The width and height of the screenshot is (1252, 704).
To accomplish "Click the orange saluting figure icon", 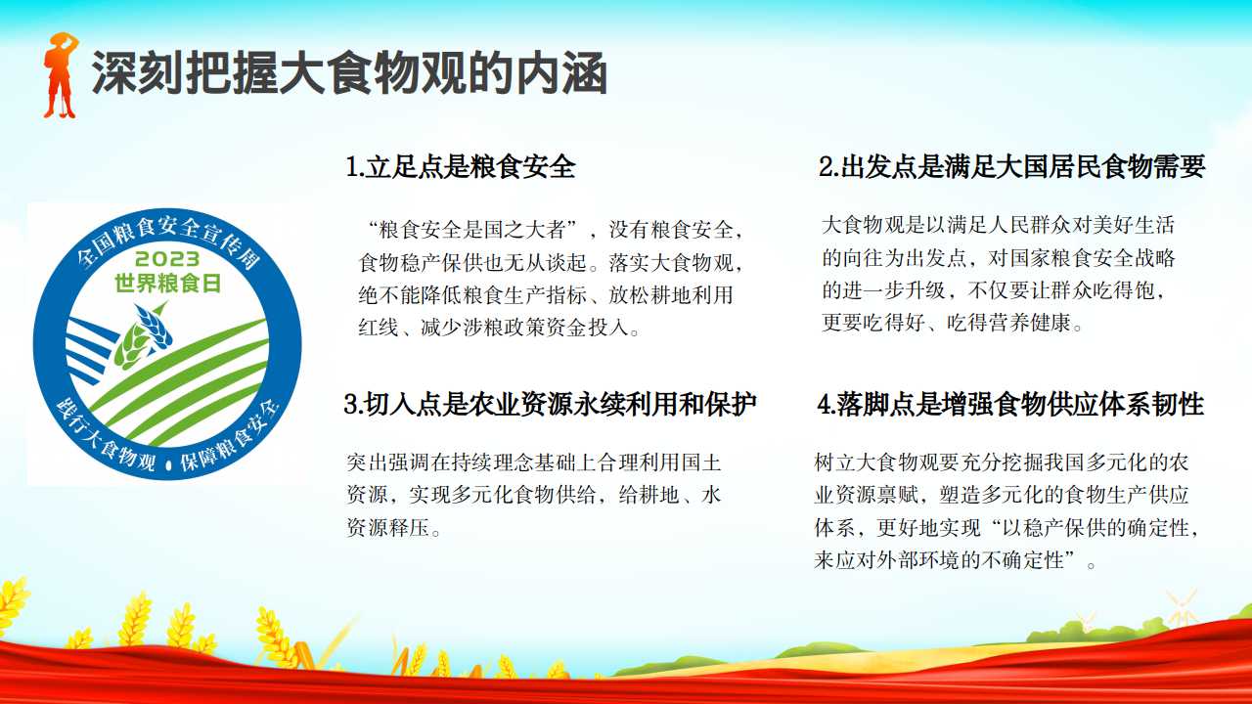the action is pyautogui.click(x=61, y=75).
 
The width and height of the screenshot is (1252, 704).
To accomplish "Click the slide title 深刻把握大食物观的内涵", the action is pyautogui.click(x=350, y=73).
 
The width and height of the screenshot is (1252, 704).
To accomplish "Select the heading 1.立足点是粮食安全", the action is pyautogui.click(x=461, y=166).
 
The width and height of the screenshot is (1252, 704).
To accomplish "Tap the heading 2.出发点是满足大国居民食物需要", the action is pyautogui.click(x=1011, y=166).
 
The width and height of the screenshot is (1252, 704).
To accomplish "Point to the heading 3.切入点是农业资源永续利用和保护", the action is pyautogui.click(x=550, y=404).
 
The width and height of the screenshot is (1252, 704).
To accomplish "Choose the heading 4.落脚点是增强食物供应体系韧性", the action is pyautogui.click(x=1010, y=404).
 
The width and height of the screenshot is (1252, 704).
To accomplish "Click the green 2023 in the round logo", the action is pyautogui.click(x=167, y=259).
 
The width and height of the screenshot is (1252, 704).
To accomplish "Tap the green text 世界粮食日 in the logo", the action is pyautogui.click(x=167, y=284).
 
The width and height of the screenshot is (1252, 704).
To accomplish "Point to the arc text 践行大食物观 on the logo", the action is pyautogui.click(x=105, y=438).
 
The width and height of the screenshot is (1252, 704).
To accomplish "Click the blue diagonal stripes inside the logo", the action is pyautogui.click(x=89, y=347).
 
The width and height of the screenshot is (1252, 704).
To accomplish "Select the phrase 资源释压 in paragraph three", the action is pyautogui.click(x=388, y=527).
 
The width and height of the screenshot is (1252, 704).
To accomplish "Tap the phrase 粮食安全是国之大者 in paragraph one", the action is pyautogui.click(x=472, y=230).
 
